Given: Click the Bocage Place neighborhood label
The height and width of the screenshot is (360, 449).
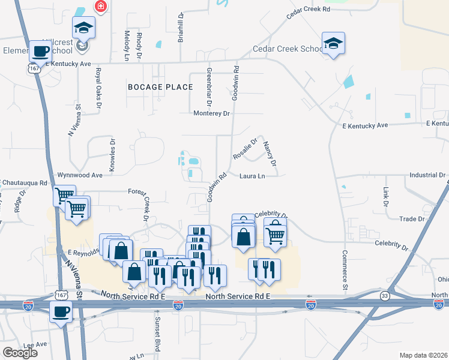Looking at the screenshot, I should tap(160, 87).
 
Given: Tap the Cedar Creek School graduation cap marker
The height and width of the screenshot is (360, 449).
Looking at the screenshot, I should tap(333, 43).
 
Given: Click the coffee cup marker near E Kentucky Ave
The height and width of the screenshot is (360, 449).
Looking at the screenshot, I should tap(40, 51).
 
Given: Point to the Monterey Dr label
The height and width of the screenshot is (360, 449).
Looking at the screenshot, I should tap(212, 113).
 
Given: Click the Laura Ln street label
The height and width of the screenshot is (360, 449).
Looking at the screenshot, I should tap(252, 176).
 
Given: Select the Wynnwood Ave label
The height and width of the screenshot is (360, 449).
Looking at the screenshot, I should tap(80, 175).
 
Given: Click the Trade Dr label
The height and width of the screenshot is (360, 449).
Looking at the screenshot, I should tap(412, 219).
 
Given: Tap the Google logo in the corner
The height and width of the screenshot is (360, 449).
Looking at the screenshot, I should tap(20, 353).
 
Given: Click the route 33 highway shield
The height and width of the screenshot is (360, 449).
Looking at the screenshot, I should tap(385, 295).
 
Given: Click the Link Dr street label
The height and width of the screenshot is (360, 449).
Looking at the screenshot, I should tap(385, 196).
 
